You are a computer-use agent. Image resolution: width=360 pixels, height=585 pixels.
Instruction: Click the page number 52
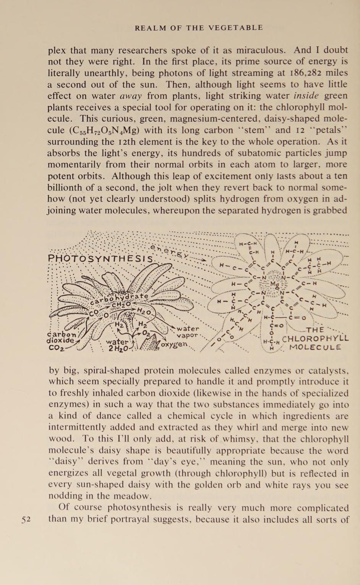click(x=26, y=519)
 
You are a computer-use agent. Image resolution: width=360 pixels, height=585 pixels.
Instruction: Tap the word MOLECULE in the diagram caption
click(x=315, y=347)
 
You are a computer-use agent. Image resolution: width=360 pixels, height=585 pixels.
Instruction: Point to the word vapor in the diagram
click(x=187, y=335)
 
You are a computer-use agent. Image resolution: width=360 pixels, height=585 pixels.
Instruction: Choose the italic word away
click(x=131, y=96)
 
